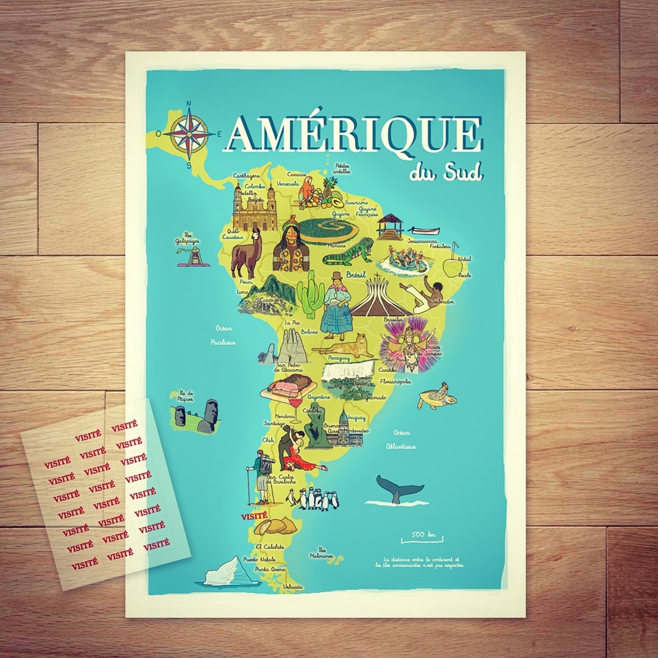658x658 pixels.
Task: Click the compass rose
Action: pyautogui.click(x=189, y=133)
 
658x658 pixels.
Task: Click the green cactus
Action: pyautogui.click(x=311, y=293)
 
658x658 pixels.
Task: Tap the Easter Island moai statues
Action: pyautogui.click(x=196, y=416)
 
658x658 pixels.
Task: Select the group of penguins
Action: pyautogui.click(x=313, y=500)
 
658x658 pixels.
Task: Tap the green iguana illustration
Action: pyautogui.click(x=348, y=252)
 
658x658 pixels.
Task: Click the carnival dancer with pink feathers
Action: pyautogui.click(x=404, y=342)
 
